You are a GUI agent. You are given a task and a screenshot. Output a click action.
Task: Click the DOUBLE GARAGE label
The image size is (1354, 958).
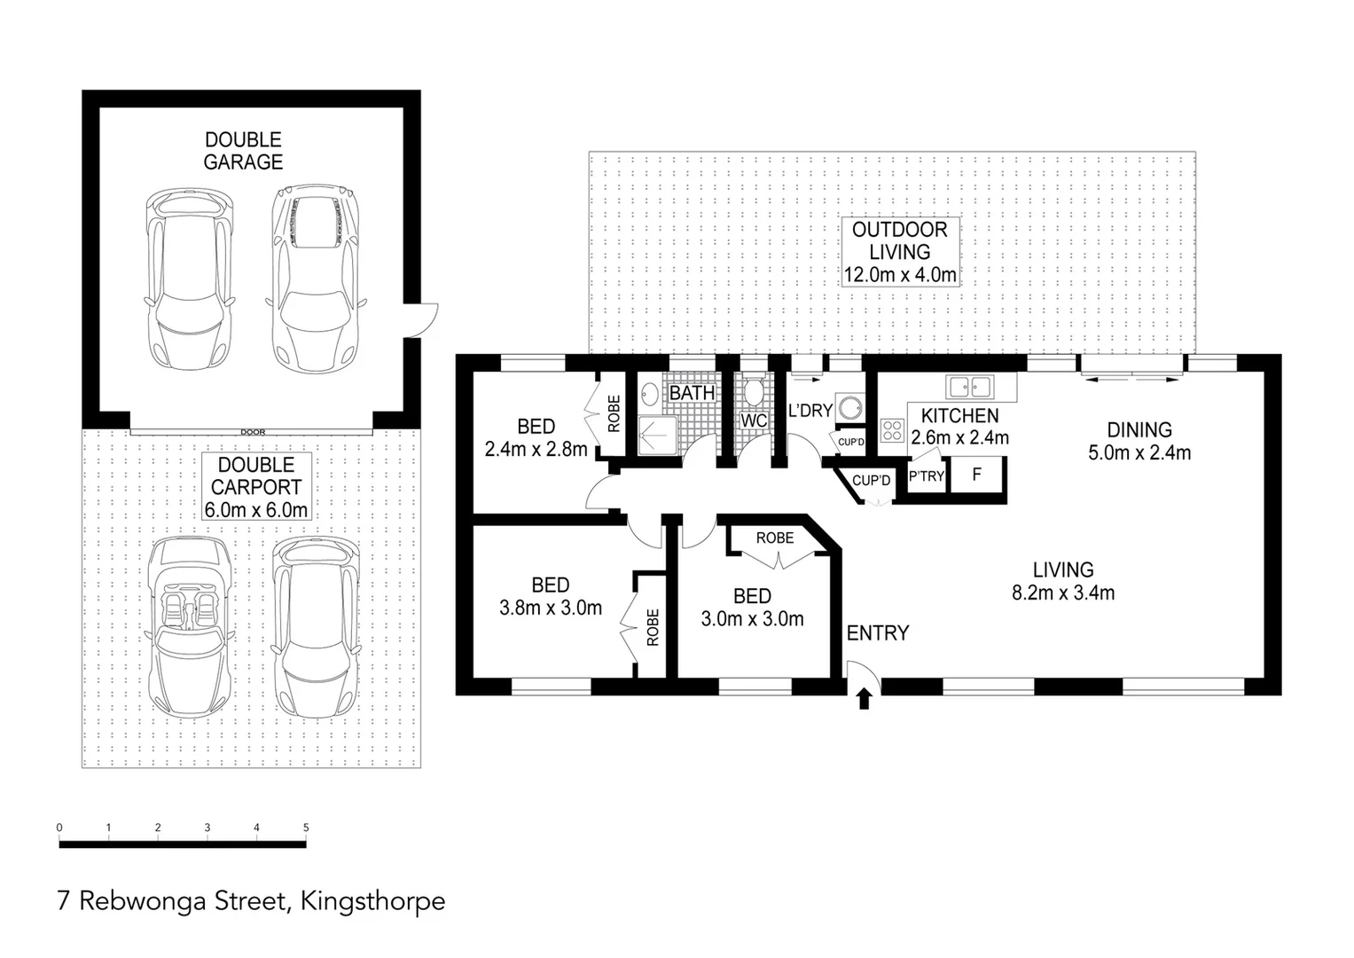click(243, 151)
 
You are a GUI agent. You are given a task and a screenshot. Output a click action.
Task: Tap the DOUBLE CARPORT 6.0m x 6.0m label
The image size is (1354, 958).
click(256, 487)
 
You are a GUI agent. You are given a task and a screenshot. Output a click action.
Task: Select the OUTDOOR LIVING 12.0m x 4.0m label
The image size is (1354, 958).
click(899, 252)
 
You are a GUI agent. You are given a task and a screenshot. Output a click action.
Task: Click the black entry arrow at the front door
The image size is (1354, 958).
click(865, 700)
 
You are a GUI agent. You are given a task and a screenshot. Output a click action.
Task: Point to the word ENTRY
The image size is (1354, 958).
click(877, 632)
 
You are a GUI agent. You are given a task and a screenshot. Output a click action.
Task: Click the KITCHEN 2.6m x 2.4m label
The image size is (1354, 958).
click(959, 426)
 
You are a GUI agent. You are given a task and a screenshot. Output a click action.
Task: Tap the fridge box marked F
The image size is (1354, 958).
click(976, 475)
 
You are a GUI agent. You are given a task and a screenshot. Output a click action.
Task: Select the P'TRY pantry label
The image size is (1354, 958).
click(926, 476)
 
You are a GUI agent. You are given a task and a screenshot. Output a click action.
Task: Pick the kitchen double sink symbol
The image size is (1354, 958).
click(969, 387)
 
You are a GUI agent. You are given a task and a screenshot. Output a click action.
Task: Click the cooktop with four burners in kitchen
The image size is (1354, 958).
click(891, 431)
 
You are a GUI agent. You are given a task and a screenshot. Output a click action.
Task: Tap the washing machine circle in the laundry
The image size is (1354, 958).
click(850, 407)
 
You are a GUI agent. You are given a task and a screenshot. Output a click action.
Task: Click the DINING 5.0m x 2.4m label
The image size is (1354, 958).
click(1139, 441)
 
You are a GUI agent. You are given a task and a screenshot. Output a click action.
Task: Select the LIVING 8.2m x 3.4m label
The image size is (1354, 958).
click(1062, 581)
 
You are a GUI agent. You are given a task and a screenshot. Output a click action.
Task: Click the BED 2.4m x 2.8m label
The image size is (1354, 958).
click(536, 437)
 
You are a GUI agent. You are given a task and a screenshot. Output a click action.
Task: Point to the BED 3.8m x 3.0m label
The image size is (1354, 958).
click(550, 596)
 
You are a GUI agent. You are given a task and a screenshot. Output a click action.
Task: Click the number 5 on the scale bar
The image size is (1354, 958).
click(306, 828)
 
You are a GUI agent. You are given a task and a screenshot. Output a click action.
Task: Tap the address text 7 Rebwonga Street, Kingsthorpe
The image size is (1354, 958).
click(251, 901)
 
